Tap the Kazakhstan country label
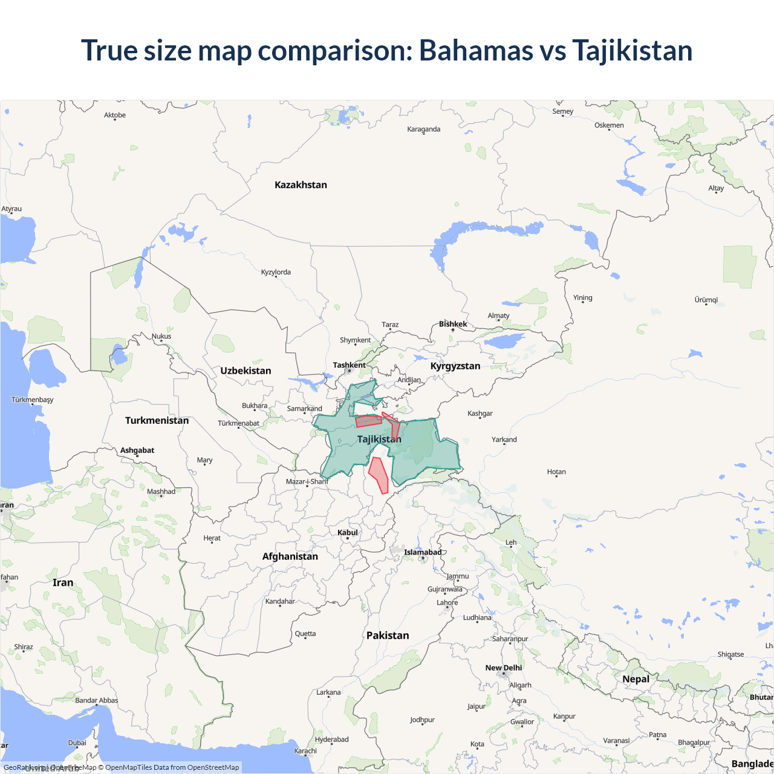coord(301,185)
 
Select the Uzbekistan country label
coord(246,371)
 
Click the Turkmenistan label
coord(157,420)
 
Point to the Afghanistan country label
coord(290,556)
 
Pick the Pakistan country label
coord(388,636)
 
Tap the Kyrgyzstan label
coord(455,366)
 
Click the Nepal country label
coord(636,679)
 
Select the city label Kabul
coord(348,533)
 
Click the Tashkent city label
coord(349,365)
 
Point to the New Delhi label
coord(503,668)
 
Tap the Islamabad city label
coord(423,552)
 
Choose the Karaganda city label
coord(423,129)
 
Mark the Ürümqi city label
coord(706,300)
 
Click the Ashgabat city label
coord(137,450)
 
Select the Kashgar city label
coord(480,414)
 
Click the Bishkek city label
coord(453,324)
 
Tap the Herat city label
coord(212,538)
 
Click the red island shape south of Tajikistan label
coord(379,474)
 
